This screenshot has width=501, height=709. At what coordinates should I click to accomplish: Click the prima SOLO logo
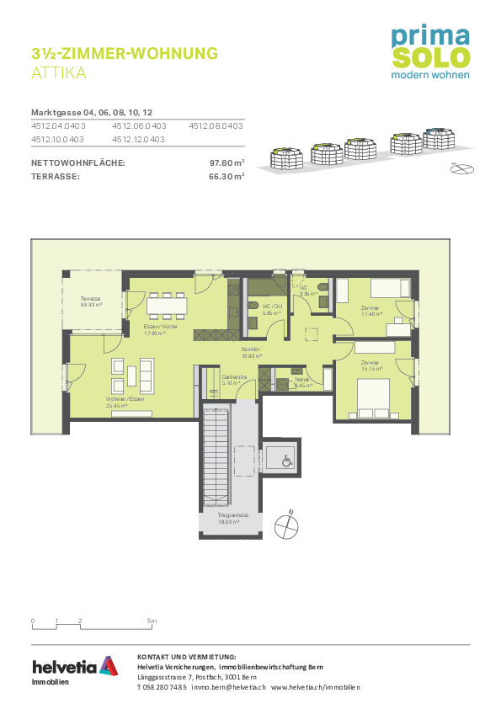tap(429, 51)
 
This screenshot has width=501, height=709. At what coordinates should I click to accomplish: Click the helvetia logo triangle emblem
tap(108, 665)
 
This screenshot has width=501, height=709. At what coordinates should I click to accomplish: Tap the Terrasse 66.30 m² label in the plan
tap(91, 301)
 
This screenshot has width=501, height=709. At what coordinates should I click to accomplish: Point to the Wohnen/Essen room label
tap(117, 401)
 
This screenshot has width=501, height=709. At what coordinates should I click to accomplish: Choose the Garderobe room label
tap(232, 380)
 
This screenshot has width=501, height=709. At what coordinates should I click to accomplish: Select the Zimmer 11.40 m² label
tap(371, 310)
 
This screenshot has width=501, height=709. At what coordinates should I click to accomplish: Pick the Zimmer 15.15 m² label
tap(370, 365)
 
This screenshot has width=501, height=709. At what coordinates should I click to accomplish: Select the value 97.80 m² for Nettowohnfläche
tap(227, 163)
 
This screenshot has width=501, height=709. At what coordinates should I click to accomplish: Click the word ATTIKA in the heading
tap(58, 73)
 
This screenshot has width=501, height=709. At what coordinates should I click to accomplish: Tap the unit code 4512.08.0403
tap(216, 125)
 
